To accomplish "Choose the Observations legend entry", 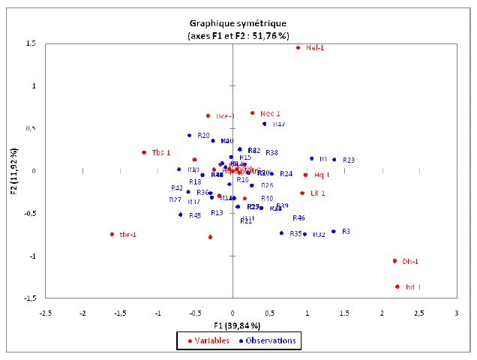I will click(x=267, y=341).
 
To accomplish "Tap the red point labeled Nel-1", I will click(x=298, y=48).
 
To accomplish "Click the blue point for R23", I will click(x=334, y=159).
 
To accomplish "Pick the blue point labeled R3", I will click(x=334, y=231).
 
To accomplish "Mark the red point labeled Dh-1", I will click(x=394, y=261).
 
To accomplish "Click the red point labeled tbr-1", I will click(x=112, y=234).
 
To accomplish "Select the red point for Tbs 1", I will click(x=143, y=152).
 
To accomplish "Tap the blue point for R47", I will click(x=264, y=124).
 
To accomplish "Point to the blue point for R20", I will click(x=190, y=136).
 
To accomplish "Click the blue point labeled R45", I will click(x=181, y=214).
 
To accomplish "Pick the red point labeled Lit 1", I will click(x=302, y=193).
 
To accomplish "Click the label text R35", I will click(x=295, y=234).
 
